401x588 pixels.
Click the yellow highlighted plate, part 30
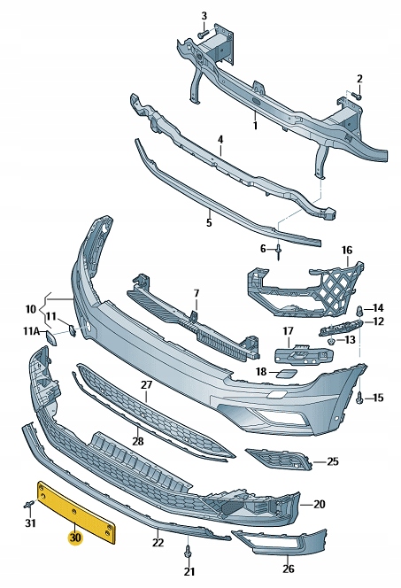[x=76, y=512]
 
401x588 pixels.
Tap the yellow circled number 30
[x=75, y=538]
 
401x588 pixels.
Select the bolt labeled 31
[x=29, y=505]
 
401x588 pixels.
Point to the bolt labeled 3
[x=203, y=34]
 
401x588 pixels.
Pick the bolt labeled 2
[x=358, y=97]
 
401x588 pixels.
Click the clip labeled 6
[x=279, y=251]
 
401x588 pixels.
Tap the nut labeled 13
[x=331, y=341]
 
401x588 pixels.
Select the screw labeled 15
[x=359, y=397]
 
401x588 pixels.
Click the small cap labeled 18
[x=286, y=372]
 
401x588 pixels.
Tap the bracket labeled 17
[x=304, y=354]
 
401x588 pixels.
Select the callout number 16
[x=347, y=250]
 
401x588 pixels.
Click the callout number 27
[x=146, y=384]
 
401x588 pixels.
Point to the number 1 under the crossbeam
[x=255, y=125]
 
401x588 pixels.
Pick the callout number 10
[x=31, y=309]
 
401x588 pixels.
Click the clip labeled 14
[x=359, y=310]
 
